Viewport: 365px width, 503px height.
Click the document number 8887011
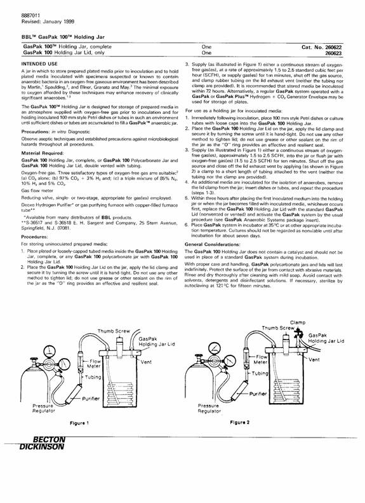coord(30,16)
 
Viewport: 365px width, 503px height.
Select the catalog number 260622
coord(334,47)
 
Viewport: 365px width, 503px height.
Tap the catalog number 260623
coord(334,53)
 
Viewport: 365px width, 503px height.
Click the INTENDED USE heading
coord(39,64)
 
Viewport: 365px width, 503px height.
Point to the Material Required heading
coord(43,153)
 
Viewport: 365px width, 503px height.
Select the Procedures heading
coord(34,237)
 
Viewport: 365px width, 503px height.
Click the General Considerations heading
coord(212,244)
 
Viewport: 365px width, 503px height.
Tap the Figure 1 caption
coord(79,423)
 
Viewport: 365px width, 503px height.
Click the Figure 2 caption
coord(239,422)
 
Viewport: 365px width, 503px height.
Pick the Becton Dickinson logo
coord(42,443)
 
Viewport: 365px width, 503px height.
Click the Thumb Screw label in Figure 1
coord(114,331)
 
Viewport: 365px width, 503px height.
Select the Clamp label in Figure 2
coord(298,322)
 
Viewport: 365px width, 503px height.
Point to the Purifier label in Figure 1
coord(91,399)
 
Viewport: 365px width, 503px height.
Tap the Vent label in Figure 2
coord(314,360)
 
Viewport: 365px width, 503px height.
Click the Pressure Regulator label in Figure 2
coord(209,408)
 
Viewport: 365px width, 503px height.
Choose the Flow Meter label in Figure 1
coord(95,364)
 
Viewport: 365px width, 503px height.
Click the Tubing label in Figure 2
coord(260,373)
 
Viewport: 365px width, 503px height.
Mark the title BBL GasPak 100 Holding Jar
coord(63,37)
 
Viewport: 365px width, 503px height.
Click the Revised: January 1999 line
coord(48,22)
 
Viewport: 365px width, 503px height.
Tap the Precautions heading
coord(36,132)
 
